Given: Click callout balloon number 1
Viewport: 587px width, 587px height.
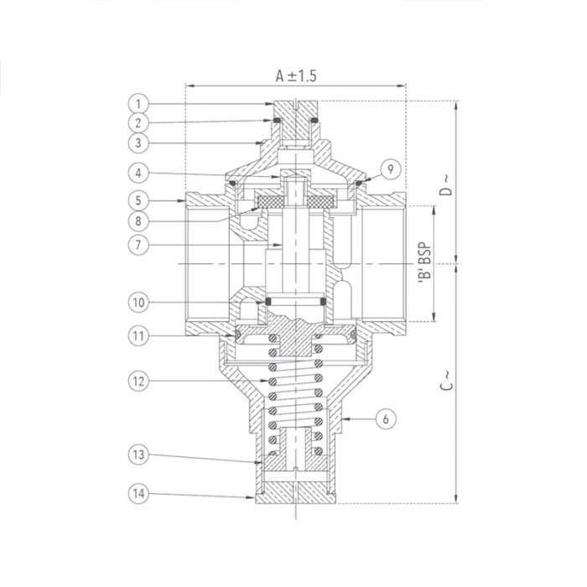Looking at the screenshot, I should tap(138, 103).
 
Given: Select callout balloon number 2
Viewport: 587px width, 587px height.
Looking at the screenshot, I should tap(138, 122).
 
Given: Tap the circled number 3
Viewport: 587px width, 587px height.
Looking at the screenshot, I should tap(138, 143).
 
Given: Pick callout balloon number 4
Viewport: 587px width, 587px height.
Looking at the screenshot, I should tap(138, 174).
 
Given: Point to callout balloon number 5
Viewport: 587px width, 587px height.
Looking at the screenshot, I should tap(138, 200).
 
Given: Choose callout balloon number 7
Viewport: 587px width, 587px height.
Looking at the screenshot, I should tap(138, 245).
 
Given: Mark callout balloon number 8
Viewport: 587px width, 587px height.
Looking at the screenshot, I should tap(138, 222).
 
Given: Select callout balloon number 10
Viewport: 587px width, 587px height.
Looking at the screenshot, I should tap(138, 300).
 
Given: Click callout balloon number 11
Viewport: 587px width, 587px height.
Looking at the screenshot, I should tap(138, 335).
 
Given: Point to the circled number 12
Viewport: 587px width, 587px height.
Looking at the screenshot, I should tap(138, 380).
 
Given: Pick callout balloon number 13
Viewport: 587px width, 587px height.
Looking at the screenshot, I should tap(138, 455).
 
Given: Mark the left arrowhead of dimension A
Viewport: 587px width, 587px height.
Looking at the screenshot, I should tap(188, 86).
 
